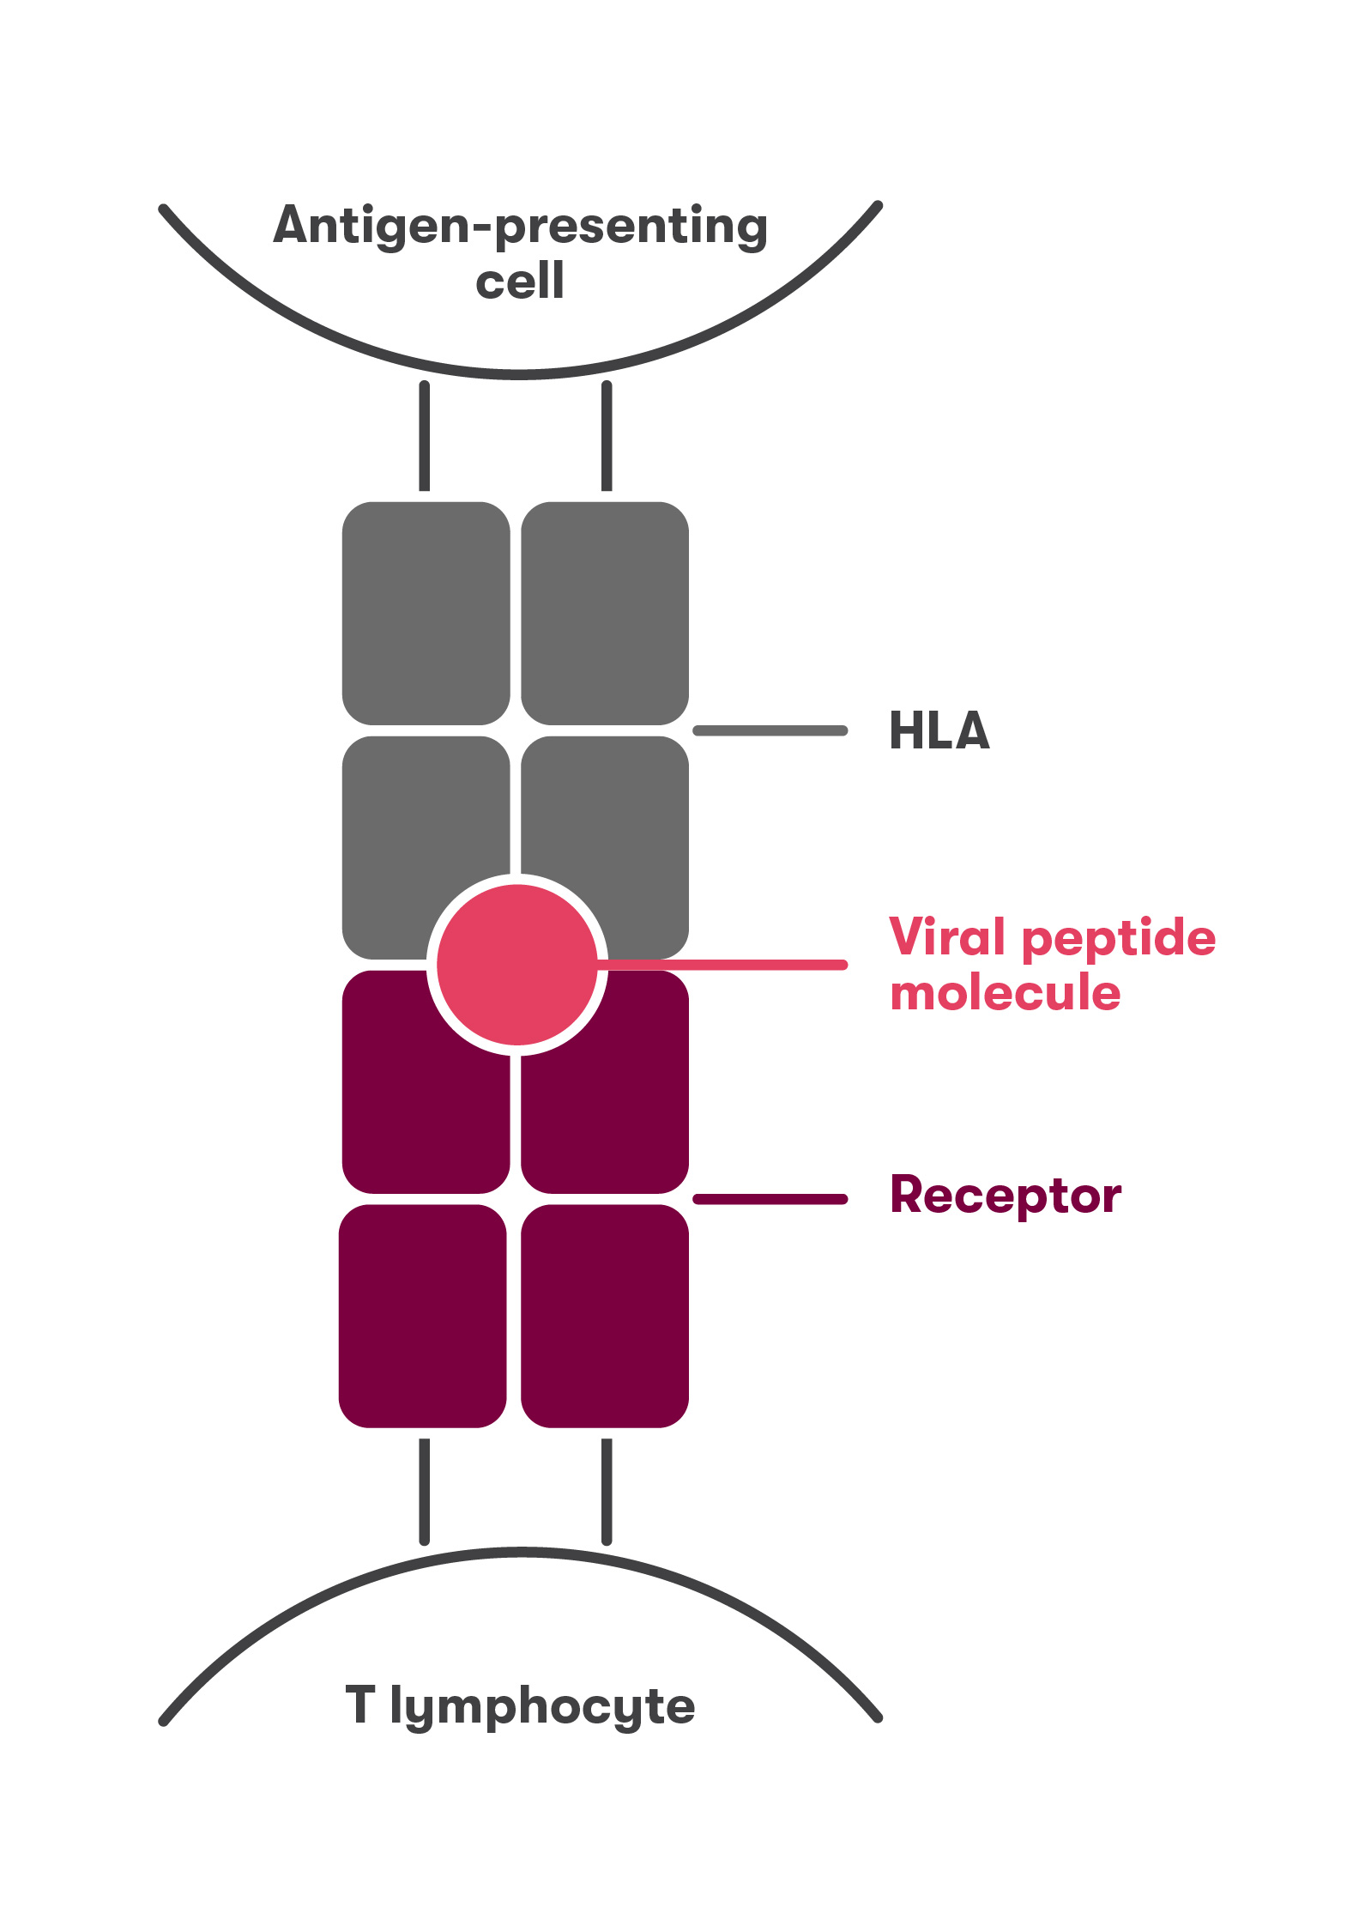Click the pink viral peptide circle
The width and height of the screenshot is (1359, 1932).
click(x=516, y=965)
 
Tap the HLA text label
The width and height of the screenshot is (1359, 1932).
click(x=939, y=731)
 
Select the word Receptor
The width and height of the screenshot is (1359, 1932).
click(x=1006, y=1195)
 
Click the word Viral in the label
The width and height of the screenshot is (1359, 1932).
click(x=946, y=936)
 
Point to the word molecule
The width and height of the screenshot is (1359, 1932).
click(x=1005, y=993)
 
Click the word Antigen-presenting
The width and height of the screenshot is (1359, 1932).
click(x=520, y=227)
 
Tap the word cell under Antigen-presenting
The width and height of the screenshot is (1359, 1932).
click(x=520, y=282)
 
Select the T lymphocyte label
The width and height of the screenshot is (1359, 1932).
click(x=520, y=1705)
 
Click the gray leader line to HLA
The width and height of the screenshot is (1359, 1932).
click(x=770, y=730)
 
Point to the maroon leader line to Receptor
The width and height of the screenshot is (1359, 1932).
click(x=770, y=1199)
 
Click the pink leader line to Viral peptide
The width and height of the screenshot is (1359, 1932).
click(x=729, y=965)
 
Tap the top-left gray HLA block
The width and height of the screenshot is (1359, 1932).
click(x=426, y=613)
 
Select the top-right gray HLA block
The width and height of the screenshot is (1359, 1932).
click(x=605, y=613)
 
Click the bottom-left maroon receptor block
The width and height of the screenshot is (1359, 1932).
click(x=423, y=1316)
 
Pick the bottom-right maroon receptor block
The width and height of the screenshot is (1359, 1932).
click(x=605, y=1316)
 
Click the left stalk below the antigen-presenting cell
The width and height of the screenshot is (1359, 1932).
click(x=425, y=436)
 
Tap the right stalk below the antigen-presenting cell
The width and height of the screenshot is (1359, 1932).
click(x=607, y=436)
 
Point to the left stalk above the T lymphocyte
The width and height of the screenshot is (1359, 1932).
click(x=425, y=1492)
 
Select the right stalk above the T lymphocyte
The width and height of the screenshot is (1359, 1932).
click(x=607, y=1492)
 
